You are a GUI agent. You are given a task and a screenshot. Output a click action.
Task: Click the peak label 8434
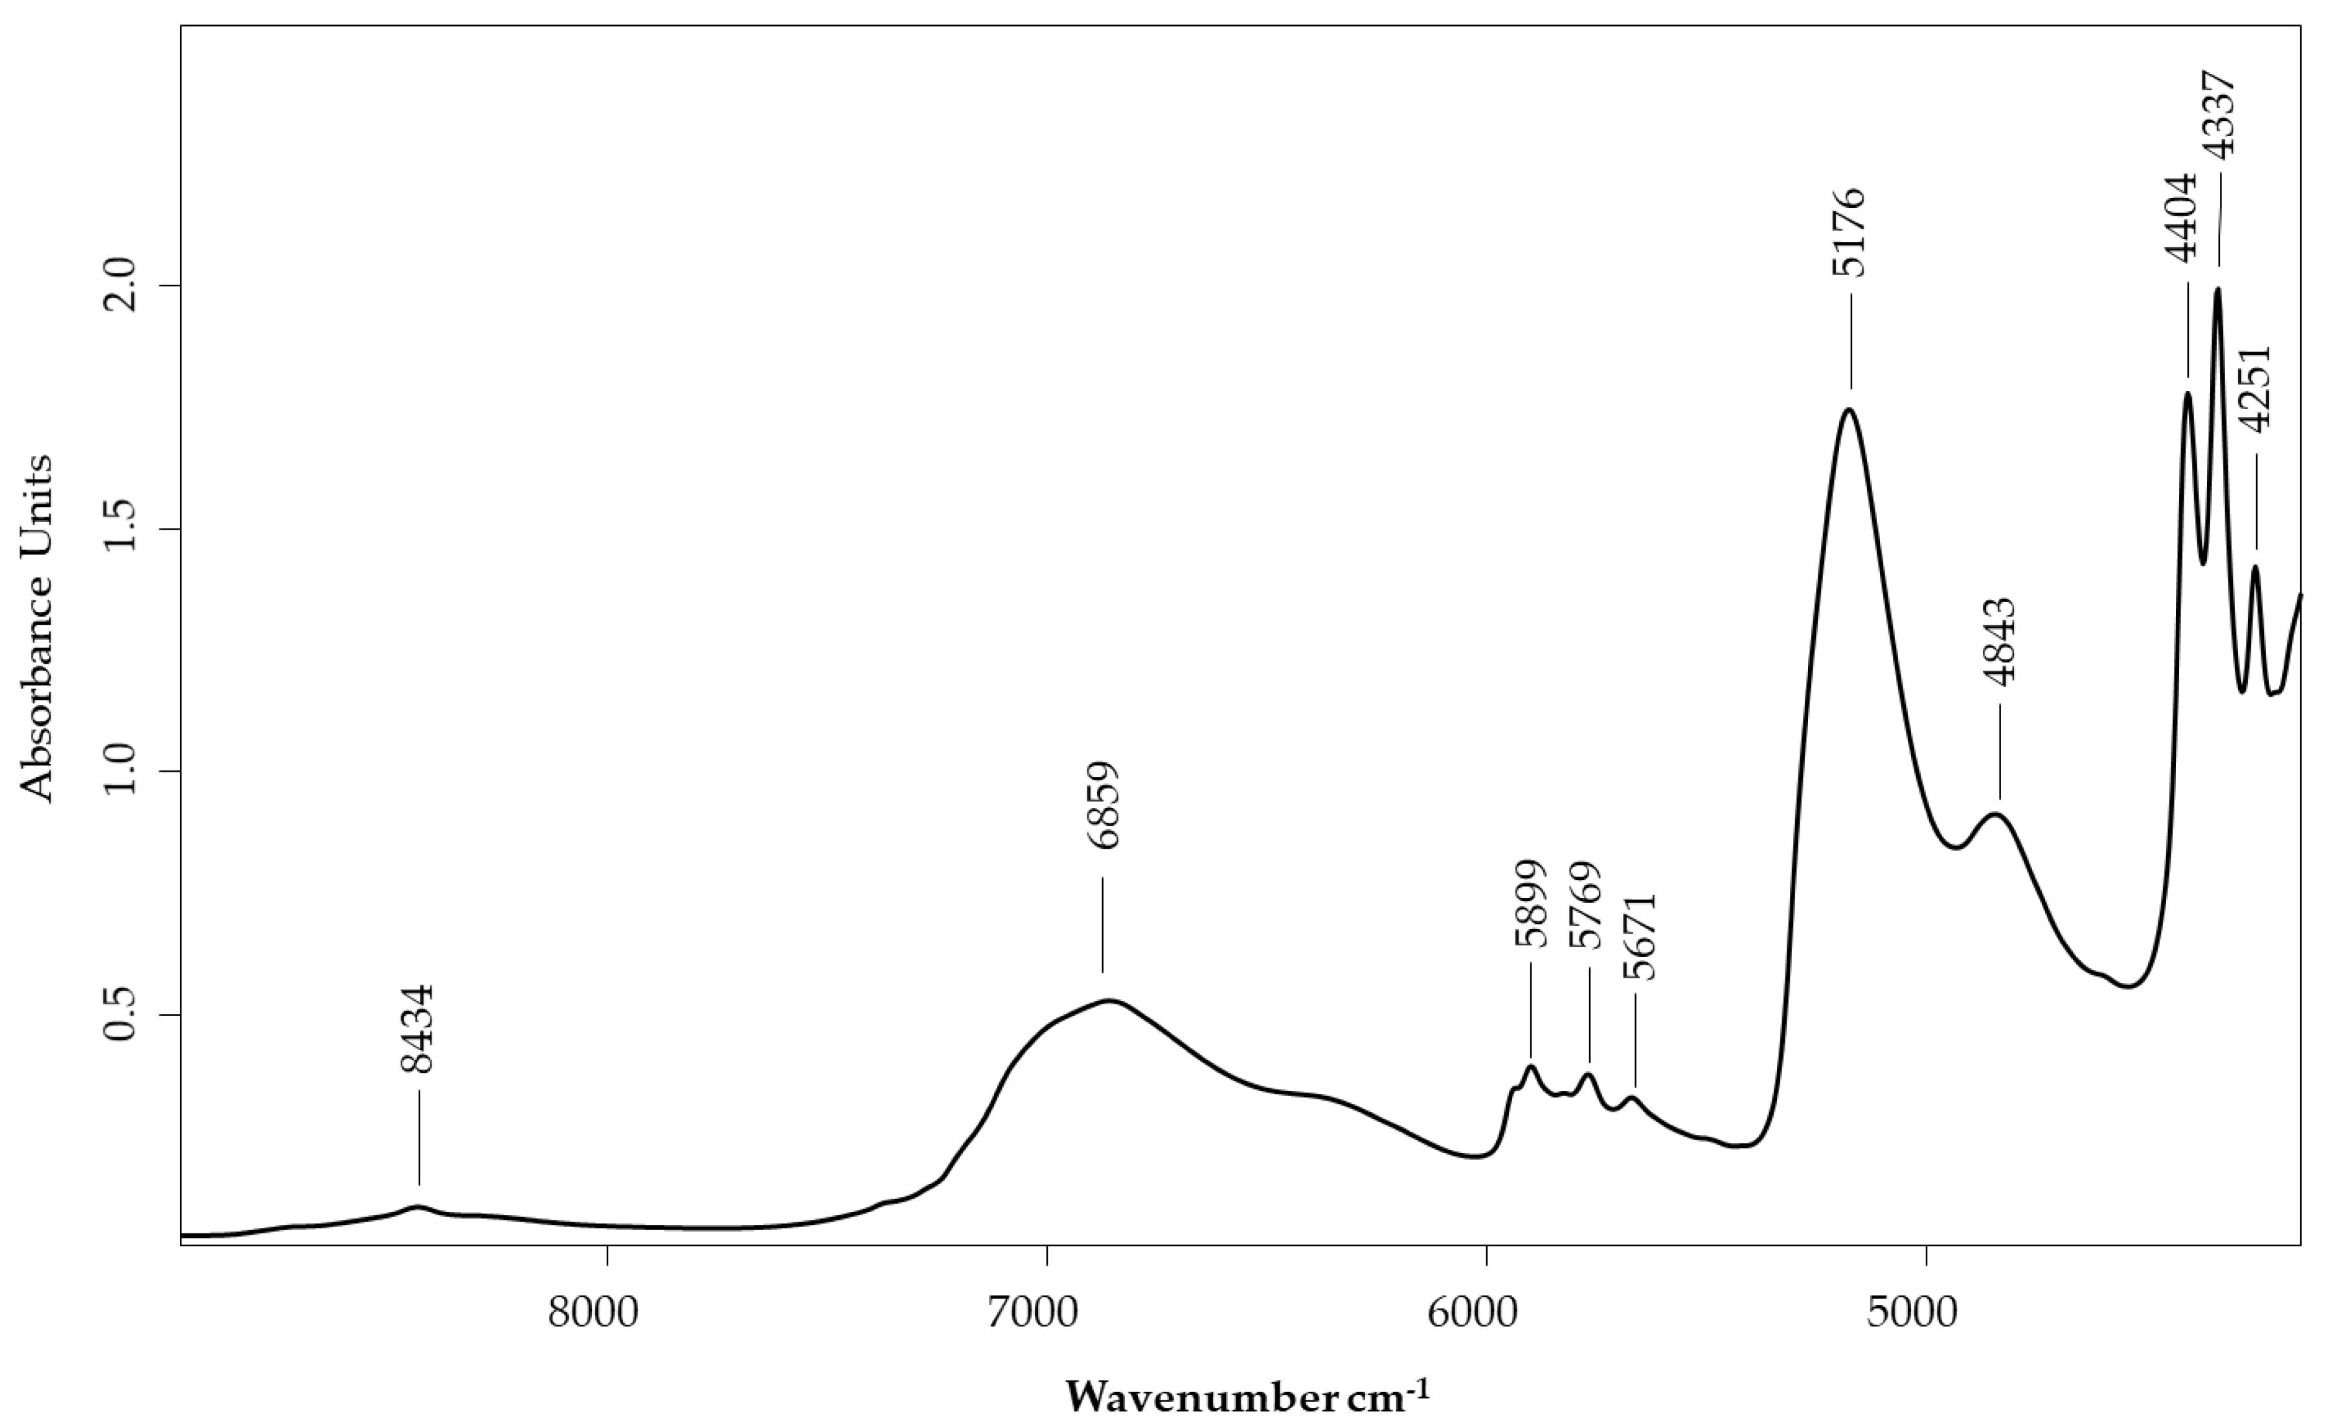pyautogui.click(x=417, y=1029)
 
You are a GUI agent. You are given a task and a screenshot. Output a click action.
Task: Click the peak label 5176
pyautogui.click(x=1849, y=232)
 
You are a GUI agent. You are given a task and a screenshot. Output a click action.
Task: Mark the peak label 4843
pyautogui.click(x=2000, y=641)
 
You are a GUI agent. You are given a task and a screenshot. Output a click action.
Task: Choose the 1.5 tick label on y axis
pyautogui.click(x=124, y=530)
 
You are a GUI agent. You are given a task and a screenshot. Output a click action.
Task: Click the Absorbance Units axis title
pyautogui.click(x=38, y=629)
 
